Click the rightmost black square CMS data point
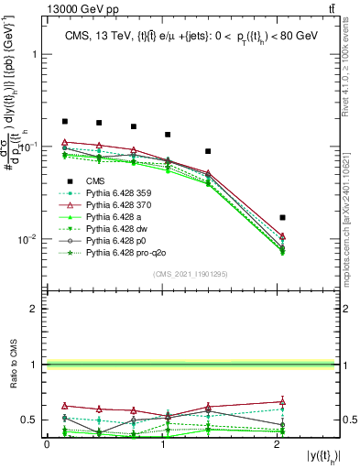282,217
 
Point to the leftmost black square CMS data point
64,121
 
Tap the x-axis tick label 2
278,444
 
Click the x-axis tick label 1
162,444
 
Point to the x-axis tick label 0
47,444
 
